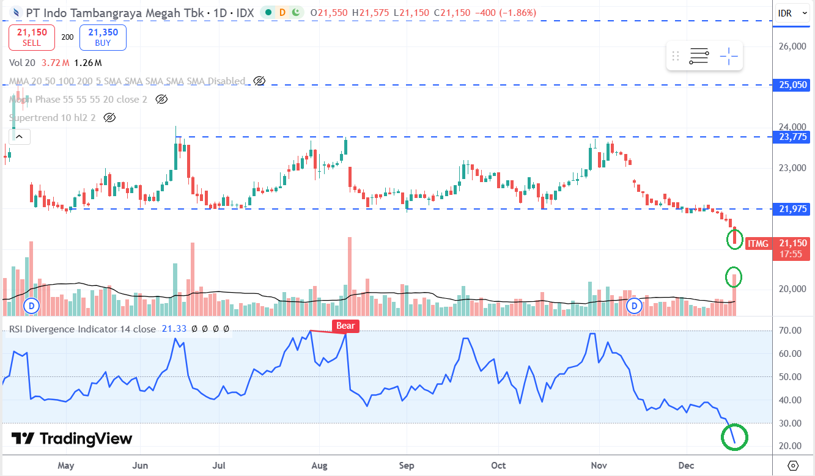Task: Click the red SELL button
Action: coord(31,37)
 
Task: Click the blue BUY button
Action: coord(103,37)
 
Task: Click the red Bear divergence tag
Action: coord(345,326)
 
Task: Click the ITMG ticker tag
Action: coord(758,244)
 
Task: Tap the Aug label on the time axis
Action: coord(319,466)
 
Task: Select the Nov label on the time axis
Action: coord(599,466)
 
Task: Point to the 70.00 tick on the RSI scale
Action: coord(791,331)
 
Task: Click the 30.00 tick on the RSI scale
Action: coord(791,423)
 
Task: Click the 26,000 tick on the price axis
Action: coord(791,46)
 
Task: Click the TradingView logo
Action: coord(72,439)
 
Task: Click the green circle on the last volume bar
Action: coord(733,277)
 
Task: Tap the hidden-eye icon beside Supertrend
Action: coord(110,117)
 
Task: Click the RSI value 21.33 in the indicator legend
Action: coord(174,329)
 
